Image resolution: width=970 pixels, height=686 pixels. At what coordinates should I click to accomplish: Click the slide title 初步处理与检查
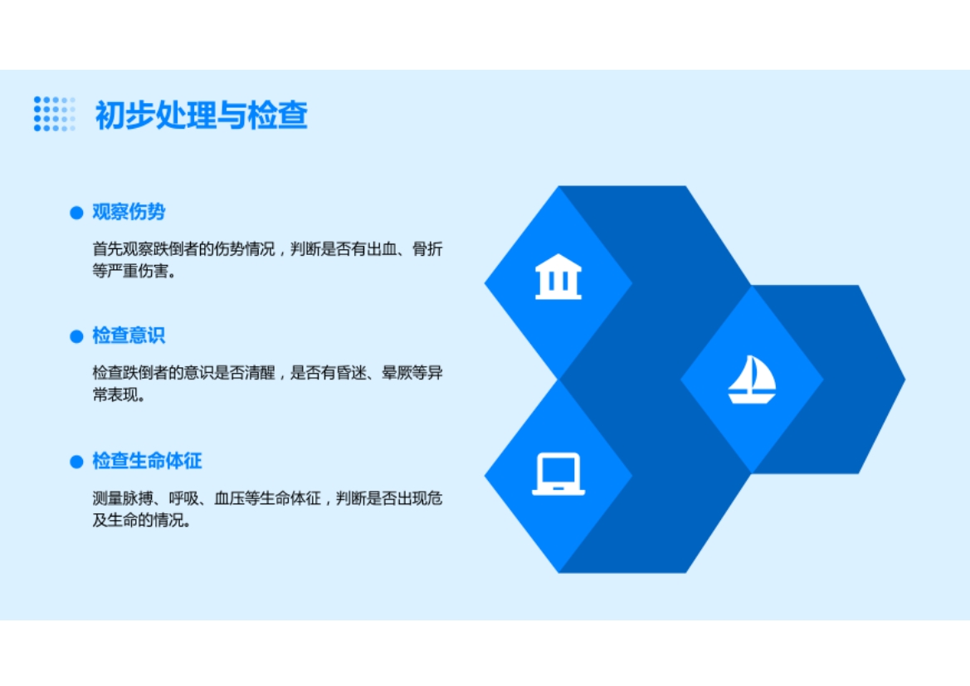[201, 115]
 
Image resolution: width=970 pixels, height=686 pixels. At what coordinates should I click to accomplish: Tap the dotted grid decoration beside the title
[55, 114]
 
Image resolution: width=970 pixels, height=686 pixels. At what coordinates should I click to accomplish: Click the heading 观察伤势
[129, 212]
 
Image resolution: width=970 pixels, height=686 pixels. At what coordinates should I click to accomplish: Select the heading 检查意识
[129, 335]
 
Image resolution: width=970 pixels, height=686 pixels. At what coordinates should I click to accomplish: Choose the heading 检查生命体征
[147, 461]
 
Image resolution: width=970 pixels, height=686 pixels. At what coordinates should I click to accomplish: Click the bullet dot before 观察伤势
[76, 213]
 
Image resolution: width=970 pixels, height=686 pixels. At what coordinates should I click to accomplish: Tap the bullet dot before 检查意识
[76, 336]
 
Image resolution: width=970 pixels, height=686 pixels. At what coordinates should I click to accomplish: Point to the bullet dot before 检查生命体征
[76, 462]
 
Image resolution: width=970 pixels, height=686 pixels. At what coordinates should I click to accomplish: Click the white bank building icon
[558, 277]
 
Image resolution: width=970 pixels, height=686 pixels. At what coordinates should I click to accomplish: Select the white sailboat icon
[752, 380]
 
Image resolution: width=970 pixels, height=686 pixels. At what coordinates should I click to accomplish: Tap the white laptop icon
[558, 474]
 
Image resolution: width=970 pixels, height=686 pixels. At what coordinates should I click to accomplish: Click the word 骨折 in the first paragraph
[427, 249]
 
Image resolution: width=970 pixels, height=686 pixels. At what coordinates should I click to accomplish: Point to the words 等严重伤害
[130, 272]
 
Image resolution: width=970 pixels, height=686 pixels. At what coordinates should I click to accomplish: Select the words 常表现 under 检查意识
[115, 395]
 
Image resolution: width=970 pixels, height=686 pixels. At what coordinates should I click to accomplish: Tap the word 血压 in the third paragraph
[230, 498]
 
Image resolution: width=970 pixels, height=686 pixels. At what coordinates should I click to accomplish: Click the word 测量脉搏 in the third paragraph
[123, 498]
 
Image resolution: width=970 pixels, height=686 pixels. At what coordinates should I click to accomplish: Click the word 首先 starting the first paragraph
[108, 249]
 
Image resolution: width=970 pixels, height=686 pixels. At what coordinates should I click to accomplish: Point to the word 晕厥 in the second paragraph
[397, 373]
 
